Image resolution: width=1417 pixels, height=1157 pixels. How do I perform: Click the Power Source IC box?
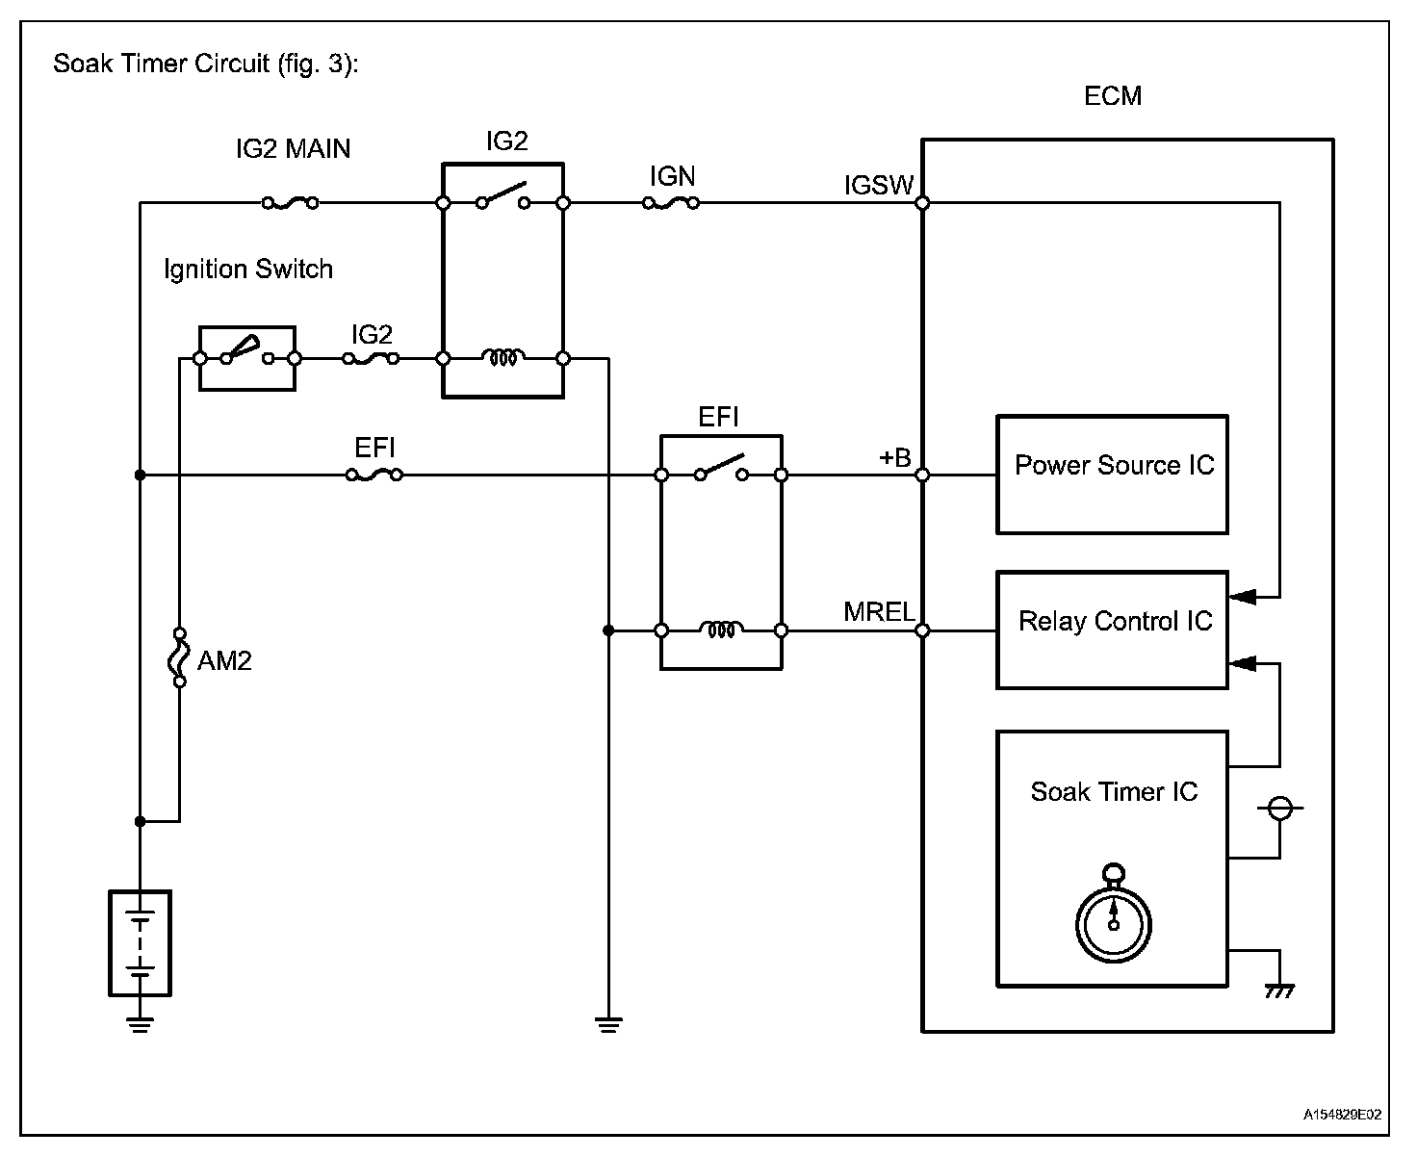1112,475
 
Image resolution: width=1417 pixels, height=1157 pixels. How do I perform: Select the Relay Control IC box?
1112,630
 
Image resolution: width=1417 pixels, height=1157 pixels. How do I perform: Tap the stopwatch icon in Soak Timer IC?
1114,914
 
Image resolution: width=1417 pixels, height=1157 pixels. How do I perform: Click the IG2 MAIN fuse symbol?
290,203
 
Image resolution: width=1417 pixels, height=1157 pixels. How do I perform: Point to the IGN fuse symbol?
671,203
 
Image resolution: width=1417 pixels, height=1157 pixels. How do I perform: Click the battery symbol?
141,942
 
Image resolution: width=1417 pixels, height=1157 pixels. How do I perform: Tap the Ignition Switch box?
246,358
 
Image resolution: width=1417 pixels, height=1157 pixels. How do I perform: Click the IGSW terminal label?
878,185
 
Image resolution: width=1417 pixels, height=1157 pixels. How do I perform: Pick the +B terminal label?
894,457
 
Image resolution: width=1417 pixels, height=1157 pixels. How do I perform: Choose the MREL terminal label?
878,612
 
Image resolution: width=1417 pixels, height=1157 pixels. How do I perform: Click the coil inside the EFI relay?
721,630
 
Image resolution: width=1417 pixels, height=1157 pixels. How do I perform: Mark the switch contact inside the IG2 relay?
503,196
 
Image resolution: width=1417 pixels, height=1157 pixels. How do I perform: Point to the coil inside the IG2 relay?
503,358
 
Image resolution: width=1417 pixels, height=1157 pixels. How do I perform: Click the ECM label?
1113,96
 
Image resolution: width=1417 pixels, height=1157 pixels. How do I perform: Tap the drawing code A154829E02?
1343,1115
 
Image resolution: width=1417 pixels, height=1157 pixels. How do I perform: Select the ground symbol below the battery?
141,1024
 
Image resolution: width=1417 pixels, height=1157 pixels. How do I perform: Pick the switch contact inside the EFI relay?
721,468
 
